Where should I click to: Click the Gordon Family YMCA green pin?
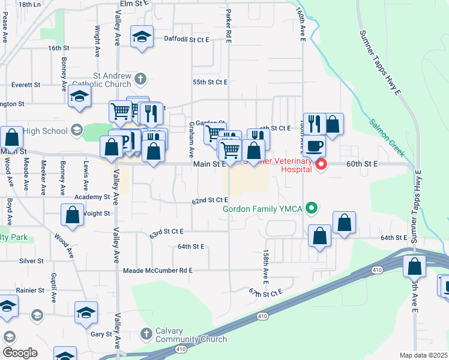pyautogui.click(x=311, y=208)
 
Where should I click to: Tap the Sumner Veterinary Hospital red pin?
pyautogui.click(x=321, y=164)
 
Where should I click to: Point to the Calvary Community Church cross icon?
pyautogui.click(x=146, y=333)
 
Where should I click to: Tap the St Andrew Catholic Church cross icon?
pyautogui.click(x=139, y=78)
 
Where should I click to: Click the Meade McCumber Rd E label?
pyautogui.click(x=157, y=271)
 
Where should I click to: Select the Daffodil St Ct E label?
pyautogui.click(x=186, y=40)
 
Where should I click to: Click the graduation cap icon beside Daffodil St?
pyautogui.click(x=142, y=37)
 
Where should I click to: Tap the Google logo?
pyautogui.click(x=20, y=353)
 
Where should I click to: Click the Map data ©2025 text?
pyautogui.click(x=424, y=355)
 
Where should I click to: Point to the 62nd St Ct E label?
pyautogui.click(x=209, y=200)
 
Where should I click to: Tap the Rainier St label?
pyautogui.click(x=31, y=290)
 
